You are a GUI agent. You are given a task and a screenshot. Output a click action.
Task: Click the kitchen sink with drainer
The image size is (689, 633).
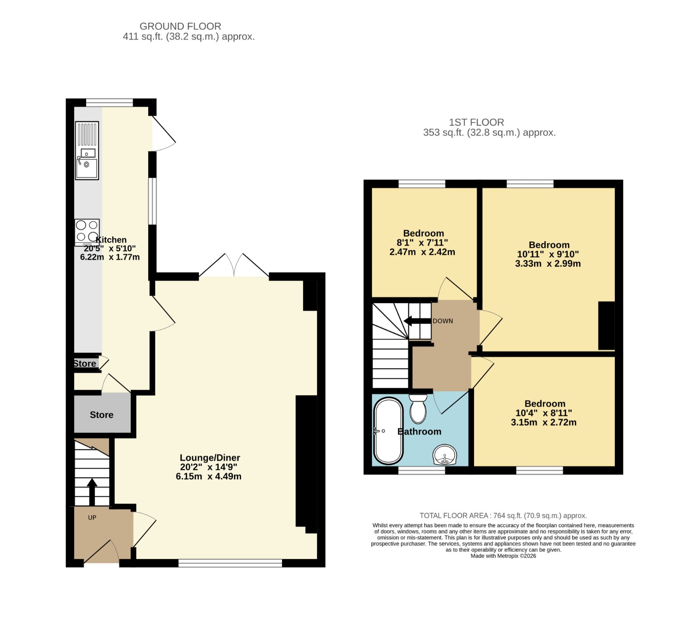(x=87, y=150)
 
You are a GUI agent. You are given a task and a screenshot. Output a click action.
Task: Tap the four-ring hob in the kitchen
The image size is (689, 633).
(x=87, y=233)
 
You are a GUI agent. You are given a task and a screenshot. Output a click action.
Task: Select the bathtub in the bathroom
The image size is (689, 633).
(x=388, y=431)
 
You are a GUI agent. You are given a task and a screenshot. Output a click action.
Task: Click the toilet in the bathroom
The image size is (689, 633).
(x=418, y=409)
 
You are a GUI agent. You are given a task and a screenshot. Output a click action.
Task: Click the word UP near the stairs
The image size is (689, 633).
(x=92, y=518)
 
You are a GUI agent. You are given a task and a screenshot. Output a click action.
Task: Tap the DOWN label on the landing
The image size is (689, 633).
(x=443, y=321)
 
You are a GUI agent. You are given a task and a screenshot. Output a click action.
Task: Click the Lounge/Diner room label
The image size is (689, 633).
(x=210, y=458)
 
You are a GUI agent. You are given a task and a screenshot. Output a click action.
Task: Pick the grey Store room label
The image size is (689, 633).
(x=102, y=415)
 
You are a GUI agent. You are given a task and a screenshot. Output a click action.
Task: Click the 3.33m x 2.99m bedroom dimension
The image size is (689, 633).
(x=548, y=264)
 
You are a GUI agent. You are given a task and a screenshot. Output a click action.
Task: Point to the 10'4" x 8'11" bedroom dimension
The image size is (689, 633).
(x=544, y=413)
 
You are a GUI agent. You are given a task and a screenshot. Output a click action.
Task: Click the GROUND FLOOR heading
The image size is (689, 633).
(x=180, y=26)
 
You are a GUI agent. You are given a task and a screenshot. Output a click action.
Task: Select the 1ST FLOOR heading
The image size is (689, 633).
(x=476, y=122)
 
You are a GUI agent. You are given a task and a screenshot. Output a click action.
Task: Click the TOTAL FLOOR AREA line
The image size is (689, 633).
(x=503, y=515)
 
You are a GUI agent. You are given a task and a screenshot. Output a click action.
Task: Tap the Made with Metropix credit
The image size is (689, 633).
(x=503, y=556)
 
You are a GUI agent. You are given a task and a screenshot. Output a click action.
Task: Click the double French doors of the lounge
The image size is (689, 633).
(x=234, y=265)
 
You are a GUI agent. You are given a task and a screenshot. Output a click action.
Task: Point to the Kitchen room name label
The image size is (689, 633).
(x=111, y=240)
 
